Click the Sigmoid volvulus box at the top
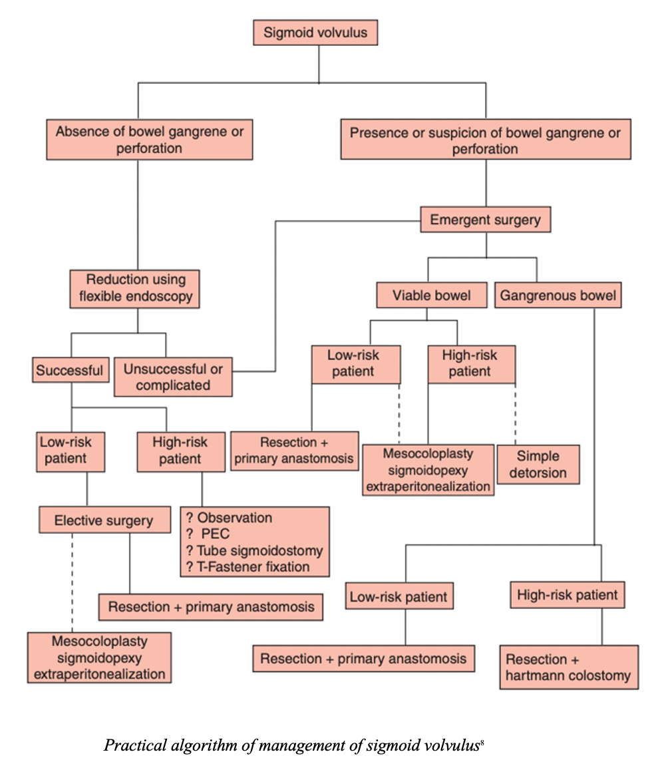point(315,32)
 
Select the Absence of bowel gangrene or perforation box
point(150,140)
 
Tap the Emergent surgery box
point(485,220)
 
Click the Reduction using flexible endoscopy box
point(136,288)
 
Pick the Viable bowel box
point(432,295)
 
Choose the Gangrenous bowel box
point(558,295)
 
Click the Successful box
point(70,370)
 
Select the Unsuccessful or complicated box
point(173,377)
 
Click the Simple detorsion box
point(538,465)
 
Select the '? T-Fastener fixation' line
point(247,567)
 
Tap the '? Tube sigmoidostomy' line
point(254,550)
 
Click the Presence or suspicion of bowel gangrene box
point(485,140)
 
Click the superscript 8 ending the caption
point(481,741)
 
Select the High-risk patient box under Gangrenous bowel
point(568,594)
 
